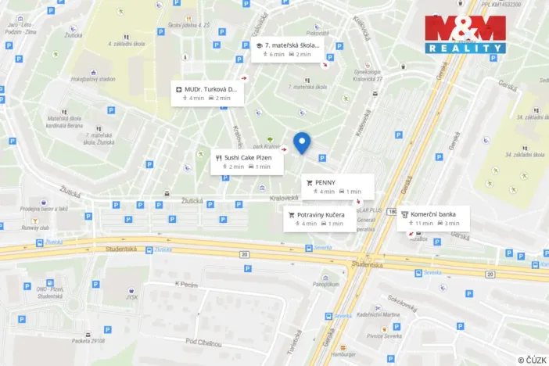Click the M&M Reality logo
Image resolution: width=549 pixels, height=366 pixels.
pyautogui.click(x=465, y=34)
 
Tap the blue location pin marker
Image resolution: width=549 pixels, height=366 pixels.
pyautogui.click(x=302, y=142)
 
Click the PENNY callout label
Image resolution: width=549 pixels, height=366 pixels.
pyautogui.click(x=337, y=186)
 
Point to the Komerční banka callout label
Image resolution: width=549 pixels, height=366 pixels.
pyautogui.click(x=433, y=218)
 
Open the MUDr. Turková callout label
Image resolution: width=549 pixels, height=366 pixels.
pyautogui.click(x=207, y=93)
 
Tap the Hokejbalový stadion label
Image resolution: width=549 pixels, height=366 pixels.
pyautogui.click(x=92, y=79)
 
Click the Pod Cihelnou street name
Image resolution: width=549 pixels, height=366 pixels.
pyautogui.click(x=204, y=343)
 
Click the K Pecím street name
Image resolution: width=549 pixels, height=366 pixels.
pyautogui.click(x=186, y=284)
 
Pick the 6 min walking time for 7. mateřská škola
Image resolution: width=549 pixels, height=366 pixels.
pyautogui.click(x=277, y=54)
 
